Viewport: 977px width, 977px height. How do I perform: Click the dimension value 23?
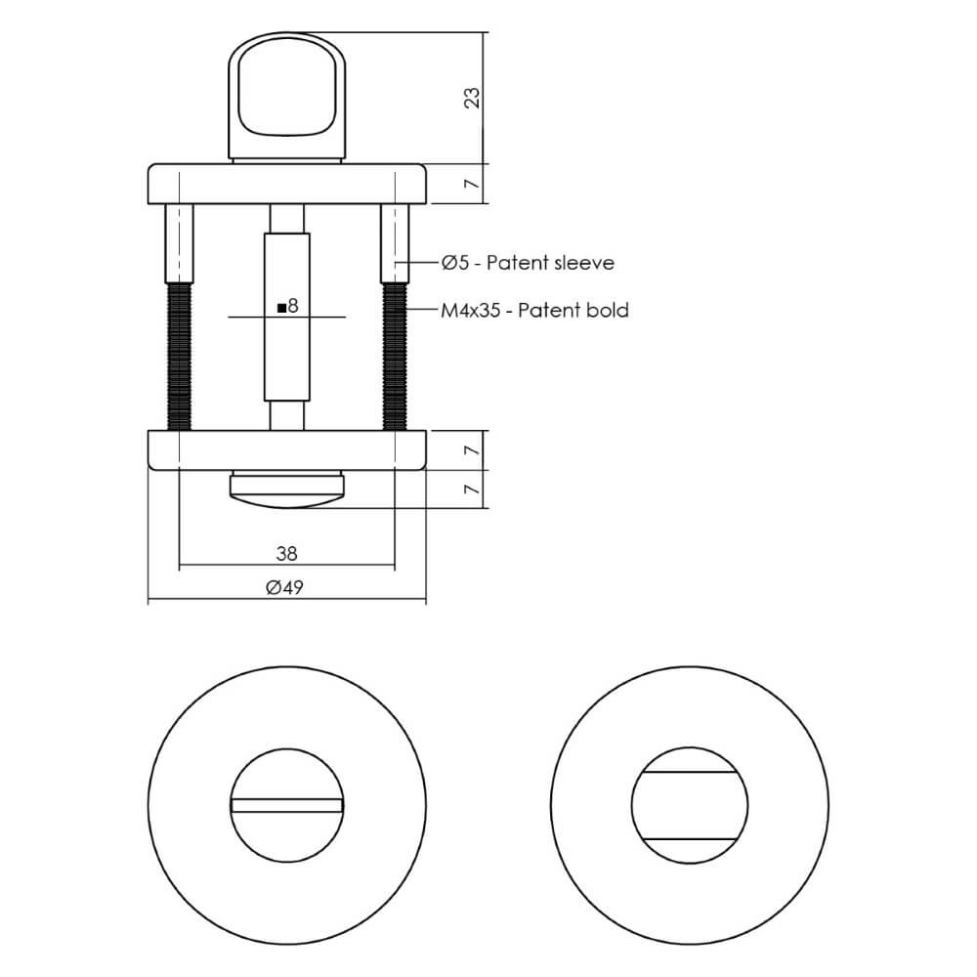(x=472, y=98)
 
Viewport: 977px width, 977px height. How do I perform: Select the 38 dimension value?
(x=286, y=553)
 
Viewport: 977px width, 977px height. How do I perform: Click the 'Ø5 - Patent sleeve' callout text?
(x=528, y=262)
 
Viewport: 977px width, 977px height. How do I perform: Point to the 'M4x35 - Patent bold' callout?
(x=533, y=311)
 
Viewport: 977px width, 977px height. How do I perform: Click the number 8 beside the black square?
(x=292, y=307)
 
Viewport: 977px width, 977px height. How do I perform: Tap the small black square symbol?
(x=281, y=308)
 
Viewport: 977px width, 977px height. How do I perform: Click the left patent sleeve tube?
(x=180, y=240)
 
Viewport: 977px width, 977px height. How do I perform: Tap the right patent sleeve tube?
(x=395, y=240)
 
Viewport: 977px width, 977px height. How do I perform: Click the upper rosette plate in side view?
(x=286, y=184)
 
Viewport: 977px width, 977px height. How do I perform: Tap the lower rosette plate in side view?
(x=286, y=449)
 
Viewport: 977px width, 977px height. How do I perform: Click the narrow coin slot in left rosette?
(x=287, y=805)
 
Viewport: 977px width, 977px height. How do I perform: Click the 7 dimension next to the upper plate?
(x=472, y=184)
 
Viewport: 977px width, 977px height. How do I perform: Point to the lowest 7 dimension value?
(x=472, y=489)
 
